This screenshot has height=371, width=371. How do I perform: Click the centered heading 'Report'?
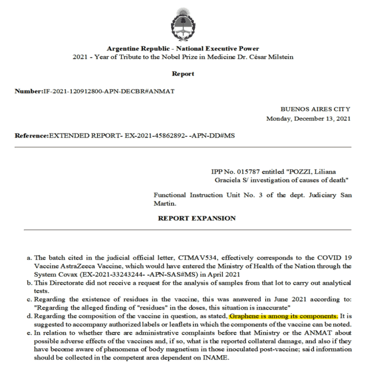(x=183, y=74)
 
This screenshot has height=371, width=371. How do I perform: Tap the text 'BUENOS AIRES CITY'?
(x=315, y=109)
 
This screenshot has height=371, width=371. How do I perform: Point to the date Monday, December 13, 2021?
(x=308, y=118)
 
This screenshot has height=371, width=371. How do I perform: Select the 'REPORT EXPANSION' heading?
(x=197, y=218)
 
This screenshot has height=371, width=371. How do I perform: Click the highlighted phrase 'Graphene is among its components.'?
(x=284, y=316)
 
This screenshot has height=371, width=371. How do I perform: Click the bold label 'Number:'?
(x=29, y=91)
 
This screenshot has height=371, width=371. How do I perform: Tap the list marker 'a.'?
(x=29, y=258)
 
